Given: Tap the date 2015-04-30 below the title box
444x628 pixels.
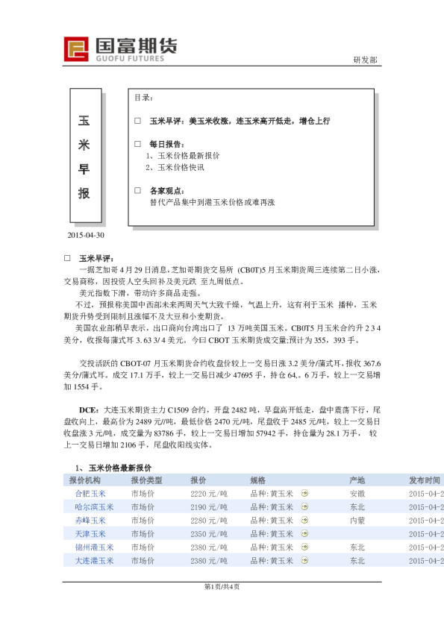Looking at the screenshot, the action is coord(86,235).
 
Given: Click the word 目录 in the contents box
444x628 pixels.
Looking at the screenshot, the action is coord(144,98).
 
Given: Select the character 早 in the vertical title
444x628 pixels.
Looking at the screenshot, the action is coord(84,169).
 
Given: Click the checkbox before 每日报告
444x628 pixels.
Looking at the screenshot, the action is coord(137,143).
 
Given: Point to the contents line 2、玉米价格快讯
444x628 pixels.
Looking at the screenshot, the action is coord(175,167).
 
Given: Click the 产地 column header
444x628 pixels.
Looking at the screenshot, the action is coord(357,480).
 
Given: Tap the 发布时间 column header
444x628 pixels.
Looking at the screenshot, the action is coord(425,480).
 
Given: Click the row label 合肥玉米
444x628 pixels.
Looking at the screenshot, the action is coord(90,494).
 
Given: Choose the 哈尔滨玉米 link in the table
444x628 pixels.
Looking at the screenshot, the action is coord(94,507).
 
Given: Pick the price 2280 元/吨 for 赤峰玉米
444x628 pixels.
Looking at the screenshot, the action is coord(209,521).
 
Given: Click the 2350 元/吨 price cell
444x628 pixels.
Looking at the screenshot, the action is coord(209,534).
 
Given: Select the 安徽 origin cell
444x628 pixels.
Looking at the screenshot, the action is coord(357,494).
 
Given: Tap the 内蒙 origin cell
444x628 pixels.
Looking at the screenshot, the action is coord(357,521).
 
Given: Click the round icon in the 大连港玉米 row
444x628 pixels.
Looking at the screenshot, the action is coord(304,561).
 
